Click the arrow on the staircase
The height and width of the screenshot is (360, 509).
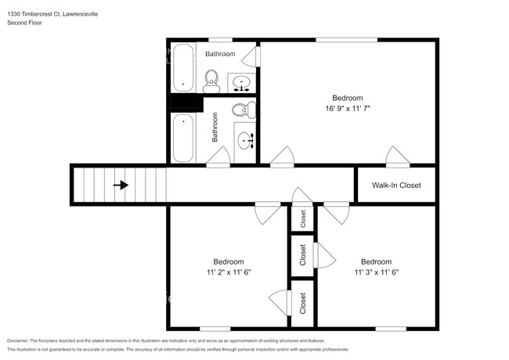(121, 185)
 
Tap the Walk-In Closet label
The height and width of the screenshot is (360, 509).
(395, 185)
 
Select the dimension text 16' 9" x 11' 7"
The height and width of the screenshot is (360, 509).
(348, 109)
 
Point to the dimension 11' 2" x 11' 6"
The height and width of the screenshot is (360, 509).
(229, 272)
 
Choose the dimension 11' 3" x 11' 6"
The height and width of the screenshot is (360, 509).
(376, 272)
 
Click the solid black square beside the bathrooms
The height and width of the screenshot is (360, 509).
(186, 103)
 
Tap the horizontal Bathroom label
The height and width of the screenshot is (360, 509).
(220, 54)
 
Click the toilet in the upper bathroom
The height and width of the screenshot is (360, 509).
(211, 79)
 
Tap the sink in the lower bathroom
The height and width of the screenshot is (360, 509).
(246, 142)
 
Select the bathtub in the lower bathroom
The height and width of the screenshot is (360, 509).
(184, 136)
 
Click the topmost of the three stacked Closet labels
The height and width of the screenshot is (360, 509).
(303, 219)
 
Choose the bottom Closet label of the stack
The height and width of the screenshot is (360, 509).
(303, 303)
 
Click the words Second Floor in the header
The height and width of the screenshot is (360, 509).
(26, 23)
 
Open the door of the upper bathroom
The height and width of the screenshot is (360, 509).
(251, 57)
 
